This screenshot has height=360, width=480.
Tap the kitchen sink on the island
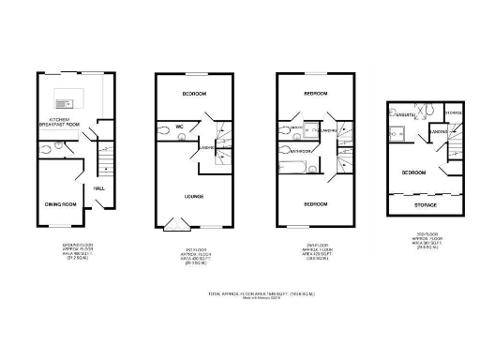[x=65, y=103]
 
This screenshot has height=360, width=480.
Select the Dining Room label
[x=58, y=203]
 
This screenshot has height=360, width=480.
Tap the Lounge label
[x=194, y=196]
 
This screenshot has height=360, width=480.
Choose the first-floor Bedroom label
[x=195, y=94]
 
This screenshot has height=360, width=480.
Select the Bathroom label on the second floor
[x=300, y=150]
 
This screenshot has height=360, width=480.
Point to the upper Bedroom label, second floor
[x=315, y=94]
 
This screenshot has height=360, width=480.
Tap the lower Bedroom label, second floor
[x=315, y=203]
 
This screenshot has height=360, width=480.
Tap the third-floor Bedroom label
[x=413, y=172]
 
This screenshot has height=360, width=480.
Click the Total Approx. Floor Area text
[x=239, y=294]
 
